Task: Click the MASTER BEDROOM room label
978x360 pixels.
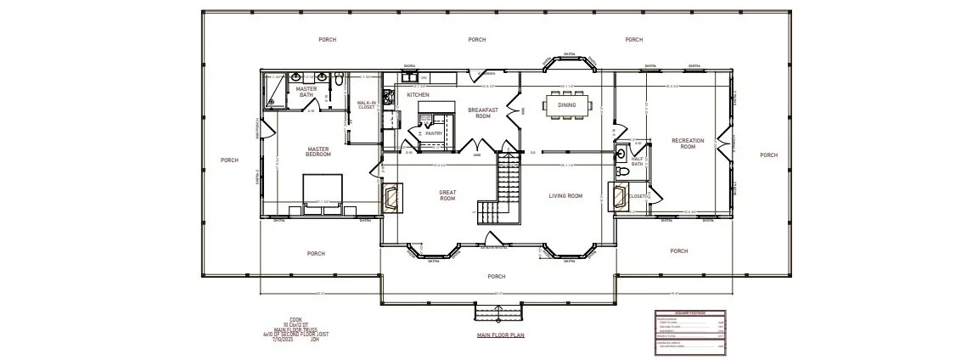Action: [x=318, y=151]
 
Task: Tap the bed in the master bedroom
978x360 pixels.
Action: [x=323, y=188]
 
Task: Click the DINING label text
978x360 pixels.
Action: [x=566, y=105]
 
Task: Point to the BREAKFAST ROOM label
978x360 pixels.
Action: [x=482, y=113]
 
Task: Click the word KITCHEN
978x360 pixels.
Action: [x=418, y=94]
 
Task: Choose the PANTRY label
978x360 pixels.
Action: [x=433, y=132]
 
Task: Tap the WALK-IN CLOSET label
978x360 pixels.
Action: [x=366, y=105]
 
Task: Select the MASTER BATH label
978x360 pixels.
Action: [x=306, y=91]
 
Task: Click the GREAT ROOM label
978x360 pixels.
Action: [x=447, y=195]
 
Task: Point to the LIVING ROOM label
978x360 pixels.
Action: [x=565, y=196]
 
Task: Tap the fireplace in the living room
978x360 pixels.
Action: [x=617, y=196]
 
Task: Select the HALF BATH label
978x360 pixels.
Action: [x=637, y=161]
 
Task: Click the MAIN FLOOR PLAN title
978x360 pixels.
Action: [x=501, y=335]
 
